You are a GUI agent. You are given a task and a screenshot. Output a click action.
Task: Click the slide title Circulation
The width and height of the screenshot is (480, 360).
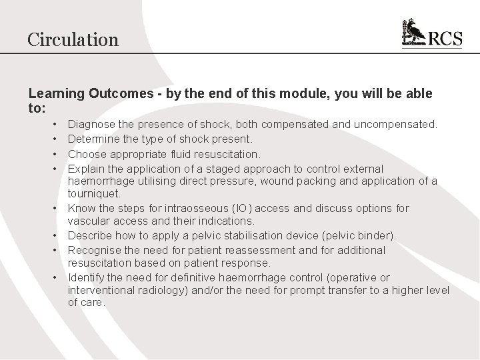click(73, 39)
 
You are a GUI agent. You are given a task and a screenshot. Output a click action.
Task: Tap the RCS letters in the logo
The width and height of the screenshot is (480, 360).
click(445, 38)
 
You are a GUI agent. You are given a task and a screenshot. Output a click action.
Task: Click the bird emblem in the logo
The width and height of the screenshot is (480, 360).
click(414, 33)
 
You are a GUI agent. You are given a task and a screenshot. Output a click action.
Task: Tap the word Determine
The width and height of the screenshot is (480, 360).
click(95, 139)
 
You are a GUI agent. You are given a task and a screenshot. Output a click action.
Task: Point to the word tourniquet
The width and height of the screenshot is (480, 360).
click(93, 194)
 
